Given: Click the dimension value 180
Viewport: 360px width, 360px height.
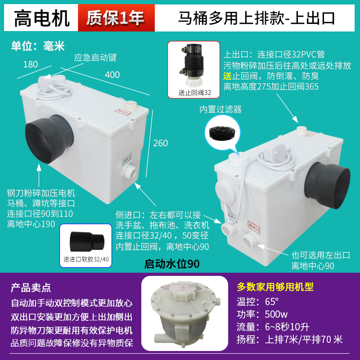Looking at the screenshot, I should [30, 64].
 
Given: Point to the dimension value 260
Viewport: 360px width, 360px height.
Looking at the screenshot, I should [160, 143].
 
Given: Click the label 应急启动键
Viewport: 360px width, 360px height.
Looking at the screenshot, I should [95, 58].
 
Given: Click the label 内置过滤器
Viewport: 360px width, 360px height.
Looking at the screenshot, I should [221, 109].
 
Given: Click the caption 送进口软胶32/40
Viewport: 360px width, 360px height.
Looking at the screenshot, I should [87, 259].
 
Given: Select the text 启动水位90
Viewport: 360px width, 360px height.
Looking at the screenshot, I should [171, 263].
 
